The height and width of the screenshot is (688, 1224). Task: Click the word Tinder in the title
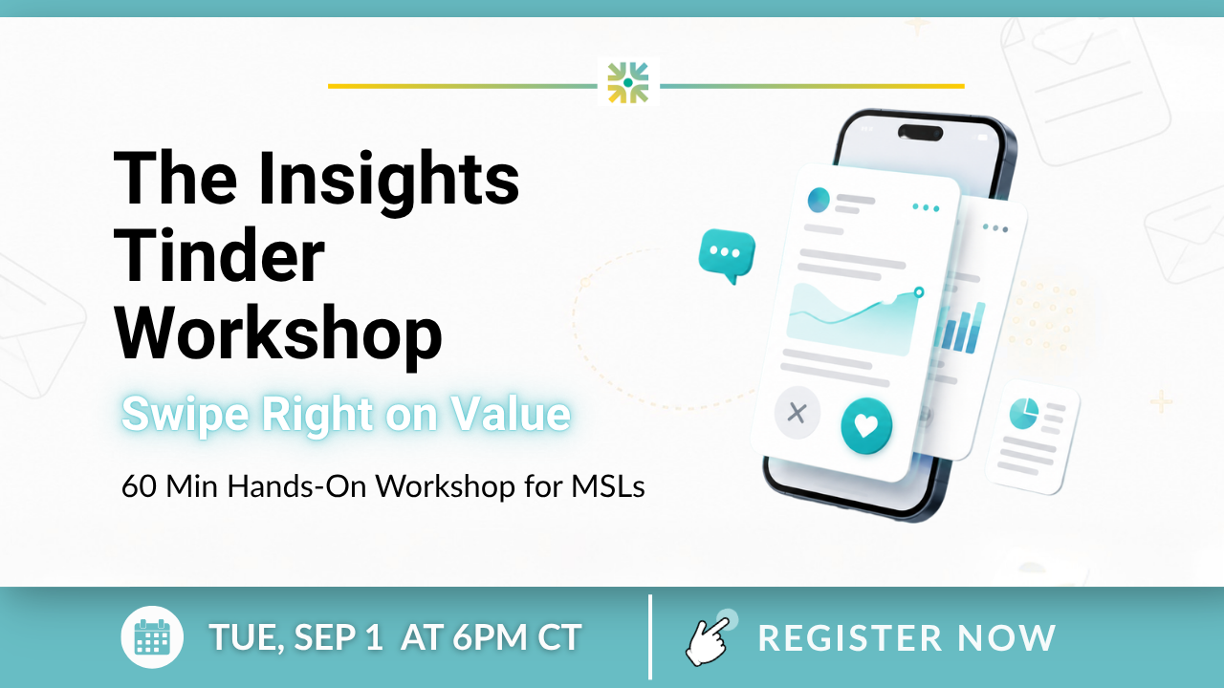click(219, 255)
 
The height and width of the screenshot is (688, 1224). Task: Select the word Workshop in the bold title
click(278, 333)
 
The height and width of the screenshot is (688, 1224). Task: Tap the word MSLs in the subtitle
click(608, 486)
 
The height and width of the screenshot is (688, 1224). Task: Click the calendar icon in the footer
click(152, 637)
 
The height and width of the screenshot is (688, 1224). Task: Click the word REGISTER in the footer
click(850, 637)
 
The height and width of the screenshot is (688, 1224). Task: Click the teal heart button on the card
click(866, 426)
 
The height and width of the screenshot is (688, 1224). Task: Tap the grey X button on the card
click(798, 413)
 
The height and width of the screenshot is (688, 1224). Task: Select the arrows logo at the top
click(628, 82)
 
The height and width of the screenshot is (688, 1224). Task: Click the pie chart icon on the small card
click(1023, 414)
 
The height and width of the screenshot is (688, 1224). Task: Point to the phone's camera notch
click(920, 133)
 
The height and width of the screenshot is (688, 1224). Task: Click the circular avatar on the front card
click(819, 200)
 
